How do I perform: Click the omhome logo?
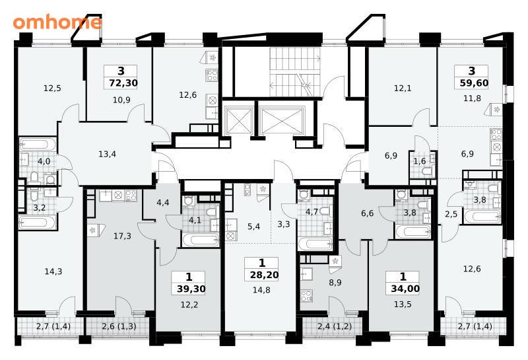coord(57,22)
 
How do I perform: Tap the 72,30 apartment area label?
coord(123,83)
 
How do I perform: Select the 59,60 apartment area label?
coord(474,83)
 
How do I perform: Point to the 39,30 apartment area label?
coord(191,289)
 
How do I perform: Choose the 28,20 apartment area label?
coord(265,275)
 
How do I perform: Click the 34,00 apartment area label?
coord(405,289)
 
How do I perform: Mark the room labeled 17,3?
coord(122,236)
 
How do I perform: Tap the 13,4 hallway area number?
coord(108,155)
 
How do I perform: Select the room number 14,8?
coord(261,290)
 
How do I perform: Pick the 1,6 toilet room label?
coord(420,161)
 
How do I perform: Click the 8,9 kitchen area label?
coord(335,283)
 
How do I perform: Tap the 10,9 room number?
coord(121,100)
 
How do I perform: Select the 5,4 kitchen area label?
coord(253,227)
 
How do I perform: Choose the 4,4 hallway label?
coord(163,203)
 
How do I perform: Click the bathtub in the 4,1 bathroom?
coord(201,240)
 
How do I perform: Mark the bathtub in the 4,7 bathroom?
coord(315,244)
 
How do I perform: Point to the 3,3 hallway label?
coord(284,224)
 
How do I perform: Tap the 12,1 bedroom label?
coord(403,89)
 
